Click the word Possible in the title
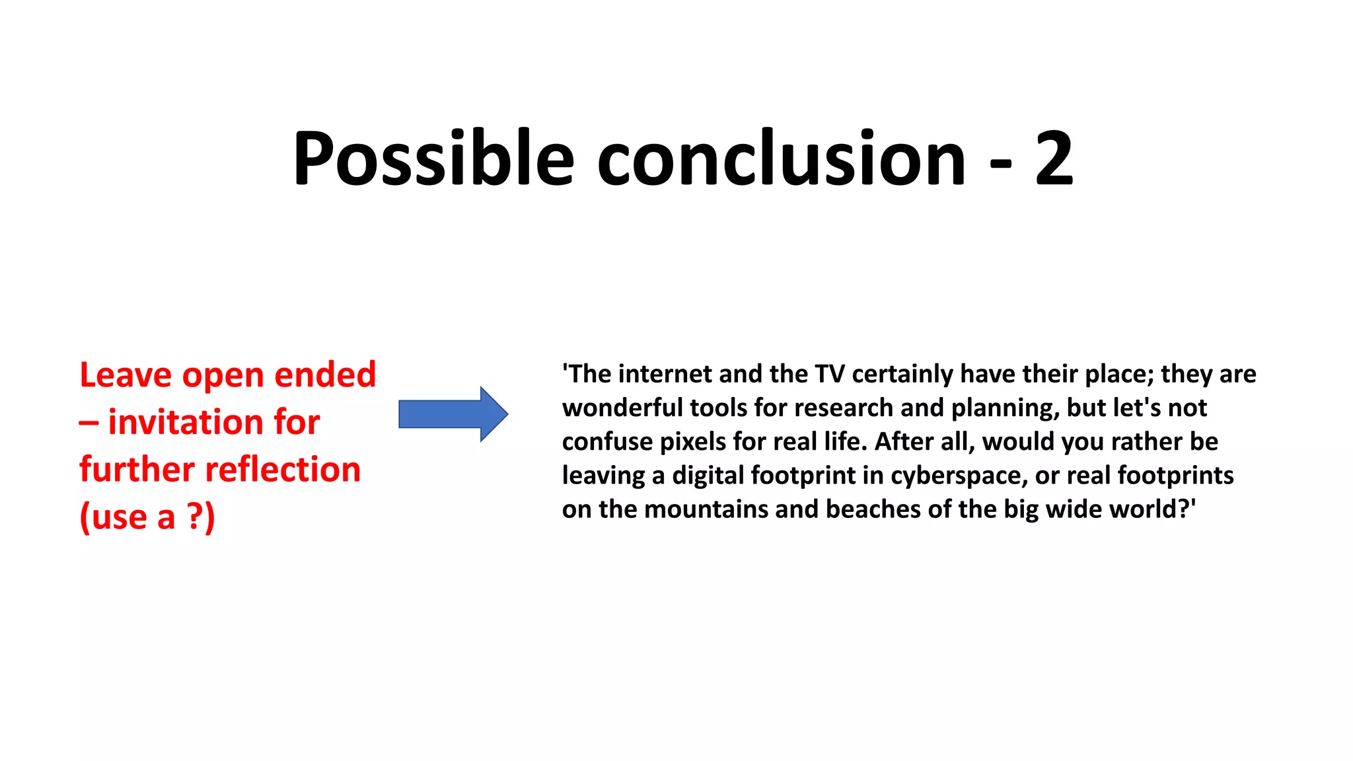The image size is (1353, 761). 433,159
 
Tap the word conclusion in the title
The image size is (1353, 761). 781,159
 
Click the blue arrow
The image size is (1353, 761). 453,414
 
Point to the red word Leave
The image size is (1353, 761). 126,375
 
